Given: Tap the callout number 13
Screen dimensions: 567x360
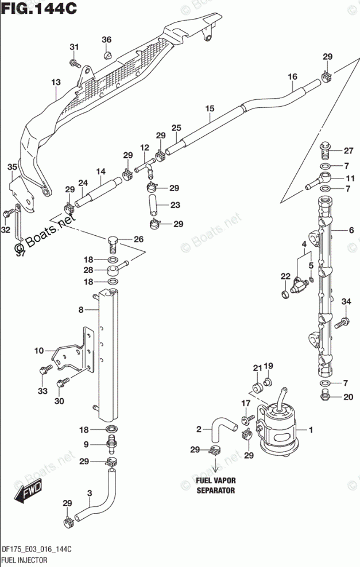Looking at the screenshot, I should click(x=55, y=83).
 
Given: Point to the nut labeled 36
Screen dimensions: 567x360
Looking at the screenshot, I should click(x=107, y=55).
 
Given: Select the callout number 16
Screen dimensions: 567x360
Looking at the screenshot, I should click(x=292, y=77).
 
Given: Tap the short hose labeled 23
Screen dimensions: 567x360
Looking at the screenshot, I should click(x=153, y=205).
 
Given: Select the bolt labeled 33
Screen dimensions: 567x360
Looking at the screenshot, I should click(x=43, y=371).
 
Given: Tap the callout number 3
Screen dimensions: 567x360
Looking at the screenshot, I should click(x=90, y=492).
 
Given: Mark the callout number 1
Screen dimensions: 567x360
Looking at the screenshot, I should click(x=311, y=430).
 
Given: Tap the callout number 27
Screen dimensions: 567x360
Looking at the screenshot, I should click(x=349, y=151).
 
